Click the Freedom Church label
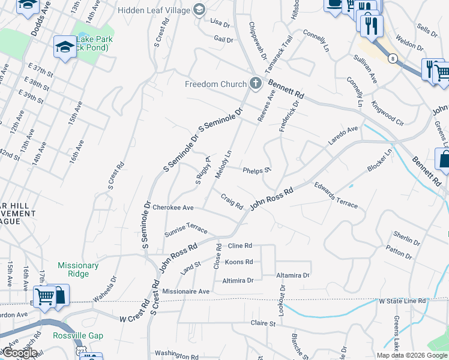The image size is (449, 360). [x=215, y=84]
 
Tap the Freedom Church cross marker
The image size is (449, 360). [x=256, y=83]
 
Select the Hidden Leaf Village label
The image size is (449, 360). [x=154, y=10]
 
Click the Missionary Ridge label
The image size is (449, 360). [x=78, y=269]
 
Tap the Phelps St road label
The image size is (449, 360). [x=258, y=171]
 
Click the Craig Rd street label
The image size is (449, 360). [x=232, y=201]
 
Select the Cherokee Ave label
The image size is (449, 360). [x=173, y=208]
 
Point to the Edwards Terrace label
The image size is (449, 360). [x=336, y=196]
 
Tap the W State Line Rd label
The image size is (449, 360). [x=402, y=301]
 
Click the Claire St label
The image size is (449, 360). [x=263, y=323]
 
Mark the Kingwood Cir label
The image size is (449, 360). [x=387, y=112]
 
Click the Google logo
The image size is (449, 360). [x=19, y=352]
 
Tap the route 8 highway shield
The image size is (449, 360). [x=393, y=58]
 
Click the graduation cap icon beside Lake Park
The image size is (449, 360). [x=64, y=46]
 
